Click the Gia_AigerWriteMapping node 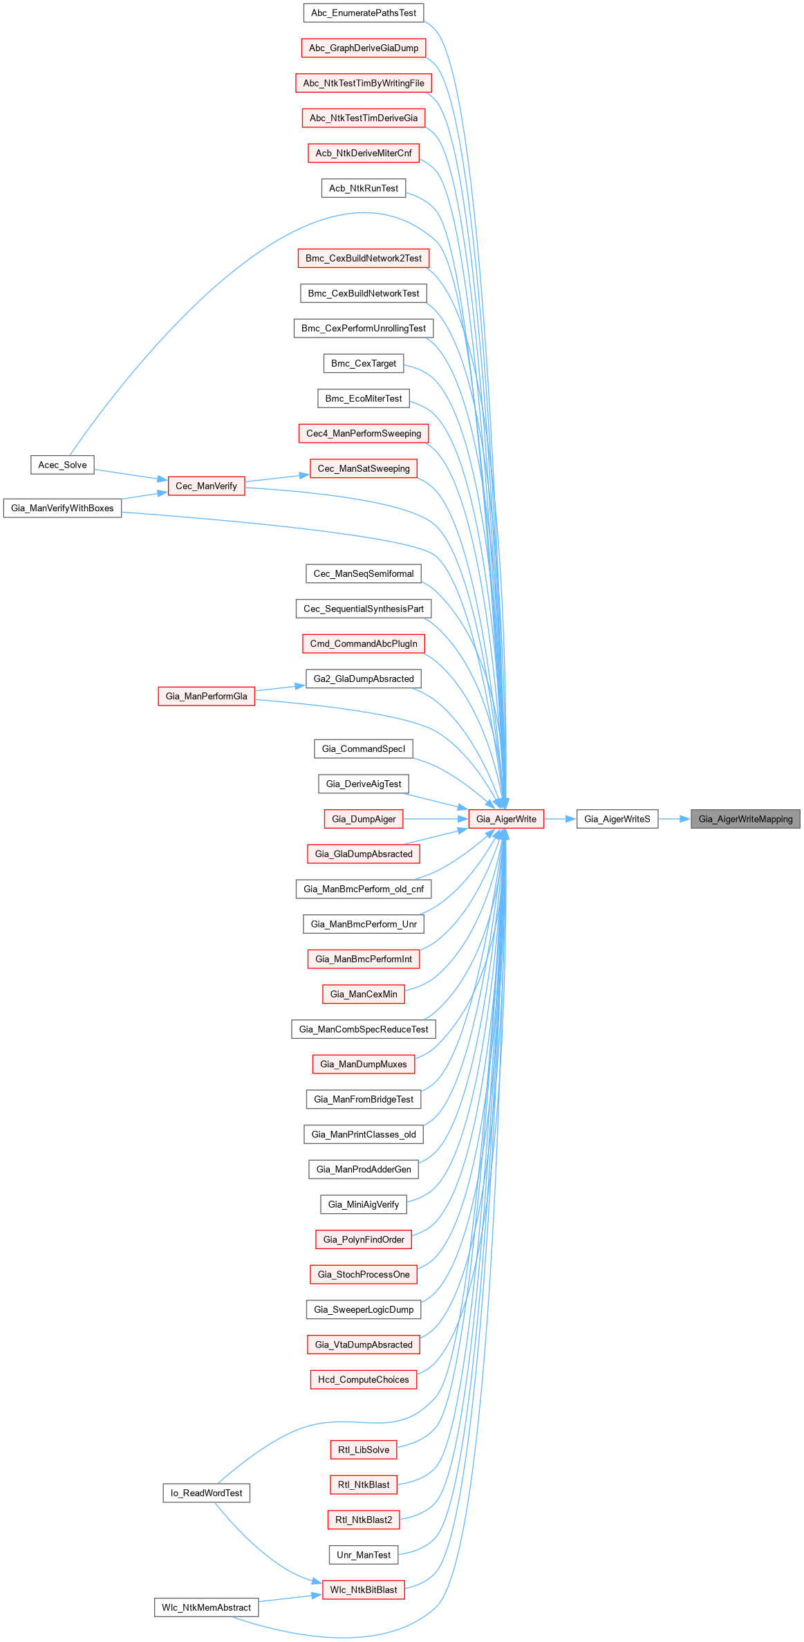pos(745,819)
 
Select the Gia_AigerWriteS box pos(617,819)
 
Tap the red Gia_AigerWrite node pos(506,819)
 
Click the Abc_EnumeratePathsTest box pos(364,13)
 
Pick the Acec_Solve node pos(62,465)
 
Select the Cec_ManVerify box pos(206,486)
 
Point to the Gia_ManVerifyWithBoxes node pos(62,508)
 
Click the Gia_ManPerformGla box pos(206,697)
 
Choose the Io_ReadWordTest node pos(206,1493)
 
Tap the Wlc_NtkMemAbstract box pos(206,1607)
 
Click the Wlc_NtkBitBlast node pos(364,1590)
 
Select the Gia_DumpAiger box pos(364,819)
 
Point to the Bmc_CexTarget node pos(364,363)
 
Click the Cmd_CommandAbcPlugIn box pos(364,644)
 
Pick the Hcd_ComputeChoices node pos(364,1379)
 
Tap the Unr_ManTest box pos(364,1555)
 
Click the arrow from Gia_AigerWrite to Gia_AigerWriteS pos(560,819)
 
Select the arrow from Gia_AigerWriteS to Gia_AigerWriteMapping pos(674,819)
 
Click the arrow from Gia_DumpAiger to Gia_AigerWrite pos(436,819)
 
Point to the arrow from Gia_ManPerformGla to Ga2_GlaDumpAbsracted pos(280,688)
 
